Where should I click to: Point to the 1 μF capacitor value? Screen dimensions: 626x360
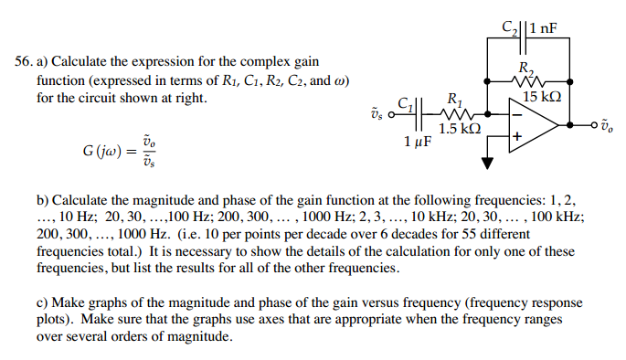tap(419, 143)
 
